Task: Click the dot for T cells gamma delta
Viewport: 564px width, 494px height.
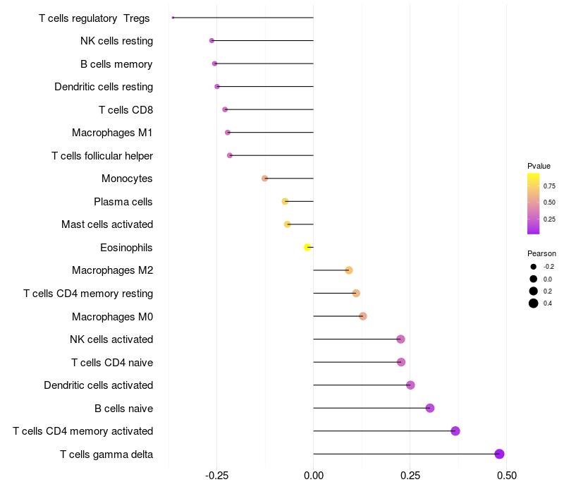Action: [x=499, y=454]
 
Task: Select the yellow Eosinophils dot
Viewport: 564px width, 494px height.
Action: [x=307, y=247]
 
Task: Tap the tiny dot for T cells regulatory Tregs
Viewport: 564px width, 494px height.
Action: [x=173, y=18]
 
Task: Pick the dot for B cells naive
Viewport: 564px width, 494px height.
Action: [x=430, y=408]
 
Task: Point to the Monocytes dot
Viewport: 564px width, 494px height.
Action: [x=265, y=179]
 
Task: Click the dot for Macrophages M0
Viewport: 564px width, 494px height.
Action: [x=362, y=316]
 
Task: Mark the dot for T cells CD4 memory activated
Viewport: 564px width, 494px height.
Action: [x=455, y=431]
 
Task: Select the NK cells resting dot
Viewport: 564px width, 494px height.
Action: [x=211, y=41]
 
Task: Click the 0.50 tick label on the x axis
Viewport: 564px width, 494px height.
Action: [x=506, y=476]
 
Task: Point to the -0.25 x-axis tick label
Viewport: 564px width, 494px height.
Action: [x=216, y=476]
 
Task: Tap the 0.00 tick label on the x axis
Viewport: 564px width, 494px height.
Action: [x=313, y=476]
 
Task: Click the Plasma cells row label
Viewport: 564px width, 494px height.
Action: [x=123, y=202]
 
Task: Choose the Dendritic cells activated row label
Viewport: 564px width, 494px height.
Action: [x=99, y=385]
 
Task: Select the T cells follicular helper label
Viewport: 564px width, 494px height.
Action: [x=102, y=156]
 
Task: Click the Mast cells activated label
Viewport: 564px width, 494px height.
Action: [x=107, y=224]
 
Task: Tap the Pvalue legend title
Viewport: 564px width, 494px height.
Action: [x=539, y=166]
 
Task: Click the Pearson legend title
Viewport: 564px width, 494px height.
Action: [x=541, y=253]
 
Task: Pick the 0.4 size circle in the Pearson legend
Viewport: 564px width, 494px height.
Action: [x=534, y=303]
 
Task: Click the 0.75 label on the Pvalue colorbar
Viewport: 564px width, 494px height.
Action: [x=549, y=186]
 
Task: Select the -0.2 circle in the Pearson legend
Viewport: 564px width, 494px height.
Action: [x=534, y=267]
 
